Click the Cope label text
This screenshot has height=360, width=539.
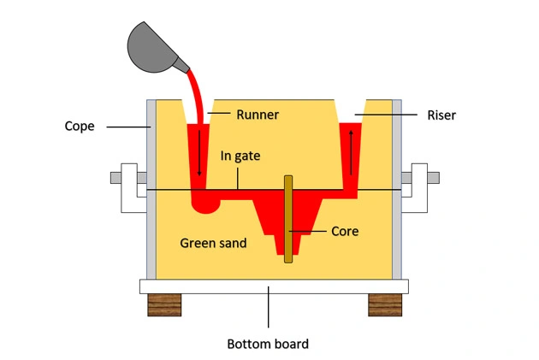tap(80, 127)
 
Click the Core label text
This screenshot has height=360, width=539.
tap(344, 231)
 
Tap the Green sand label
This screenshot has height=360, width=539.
tap(213, 243)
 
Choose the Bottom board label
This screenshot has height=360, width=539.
tap(267, 345)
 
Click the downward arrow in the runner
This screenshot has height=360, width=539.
tap(199, 154)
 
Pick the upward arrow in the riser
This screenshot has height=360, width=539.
tap(350, 154)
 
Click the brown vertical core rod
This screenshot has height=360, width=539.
tap(288, 218)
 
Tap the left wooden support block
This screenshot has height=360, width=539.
tap(165, 304)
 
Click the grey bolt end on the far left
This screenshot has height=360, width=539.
tap(115, 178)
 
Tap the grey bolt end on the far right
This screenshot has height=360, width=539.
tap(434, 178)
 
